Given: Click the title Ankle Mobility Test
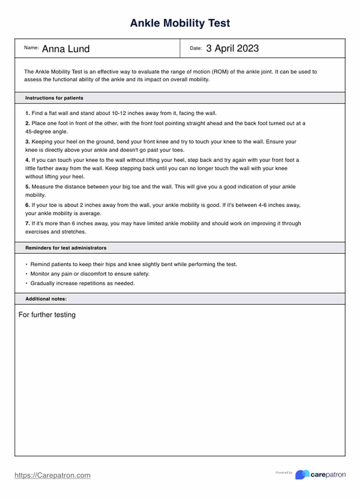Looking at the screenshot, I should point(180,23).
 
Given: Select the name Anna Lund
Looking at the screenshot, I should point(66,49).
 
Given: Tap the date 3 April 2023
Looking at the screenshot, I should point(232,48).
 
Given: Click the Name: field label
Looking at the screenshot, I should point(31,48).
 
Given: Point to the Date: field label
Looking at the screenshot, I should point(196,48).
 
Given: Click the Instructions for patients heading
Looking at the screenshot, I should point(54,98).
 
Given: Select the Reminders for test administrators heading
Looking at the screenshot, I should point(66,248).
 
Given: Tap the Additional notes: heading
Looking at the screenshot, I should point(46,299).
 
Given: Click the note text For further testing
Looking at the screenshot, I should point(47,315).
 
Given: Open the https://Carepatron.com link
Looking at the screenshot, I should point(52,475).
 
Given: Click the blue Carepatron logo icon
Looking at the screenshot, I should point(302,475).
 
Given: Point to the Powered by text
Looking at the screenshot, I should point(284,473).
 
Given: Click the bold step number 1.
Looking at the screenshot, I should point(27,113).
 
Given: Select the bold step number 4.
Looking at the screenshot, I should point(27,160).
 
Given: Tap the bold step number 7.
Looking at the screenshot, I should point(27,223).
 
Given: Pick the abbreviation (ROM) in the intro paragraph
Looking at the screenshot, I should point(220,72).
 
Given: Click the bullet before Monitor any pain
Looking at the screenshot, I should point(27,274).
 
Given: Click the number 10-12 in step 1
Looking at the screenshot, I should point(119,113).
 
